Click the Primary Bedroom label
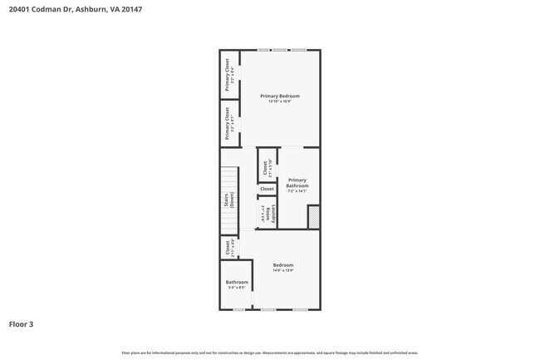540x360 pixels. pyautogui.click(x=279, y=96)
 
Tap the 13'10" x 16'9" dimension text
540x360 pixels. pyautogui.click(x=279, y=102)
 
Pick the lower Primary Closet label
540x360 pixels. pyautogui.click(x=227, y=123)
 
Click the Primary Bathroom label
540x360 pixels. pyautogui.click(x=297, y=182)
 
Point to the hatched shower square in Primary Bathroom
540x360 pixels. pyautogui.click(x=313, y=217)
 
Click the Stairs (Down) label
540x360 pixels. pyautogui.click(x=229, y=200)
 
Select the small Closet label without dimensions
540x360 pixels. pyautogui.click(x=267, y=190)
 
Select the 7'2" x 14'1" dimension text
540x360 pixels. pyautogui.click(x=297, y=191)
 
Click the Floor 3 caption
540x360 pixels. pyautogui.click(x=22, y=323)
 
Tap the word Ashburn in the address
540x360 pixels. pyautogui.click(x=88, y=9)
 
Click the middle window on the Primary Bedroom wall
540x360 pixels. pyautogui.click(x=280, y=51)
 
